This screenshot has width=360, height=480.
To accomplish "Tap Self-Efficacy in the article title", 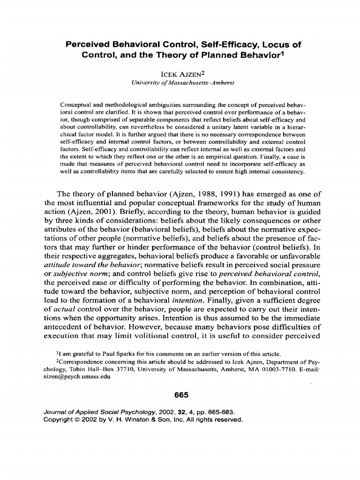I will point(224,45).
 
